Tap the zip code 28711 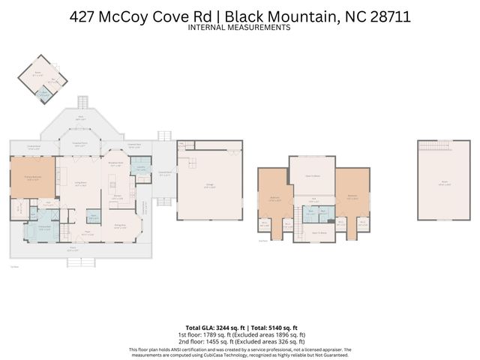pyautogui.click(x=382, y=16)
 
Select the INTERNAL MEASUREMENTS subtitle pyautogui.click(x=239, y=28)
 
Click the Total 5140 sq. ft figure pyautogui.click(x=274, y=328)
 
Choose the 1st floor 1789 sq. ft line pyautogui.click(x=239, y=334)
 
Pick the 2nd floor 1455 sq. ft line pyautogui.click(x=239, y=340)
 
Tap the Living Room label pyautogui.click(x=79, y=182)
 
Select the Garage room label pyautogui.click(x=210, y=187)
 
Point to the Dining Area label pyautogui.click(x=119, y=224)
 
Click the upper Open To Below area pyautogui.click(x=312, y=175)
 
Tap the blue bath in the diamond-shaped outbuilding pyautogui.click(x=43, y=94)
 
